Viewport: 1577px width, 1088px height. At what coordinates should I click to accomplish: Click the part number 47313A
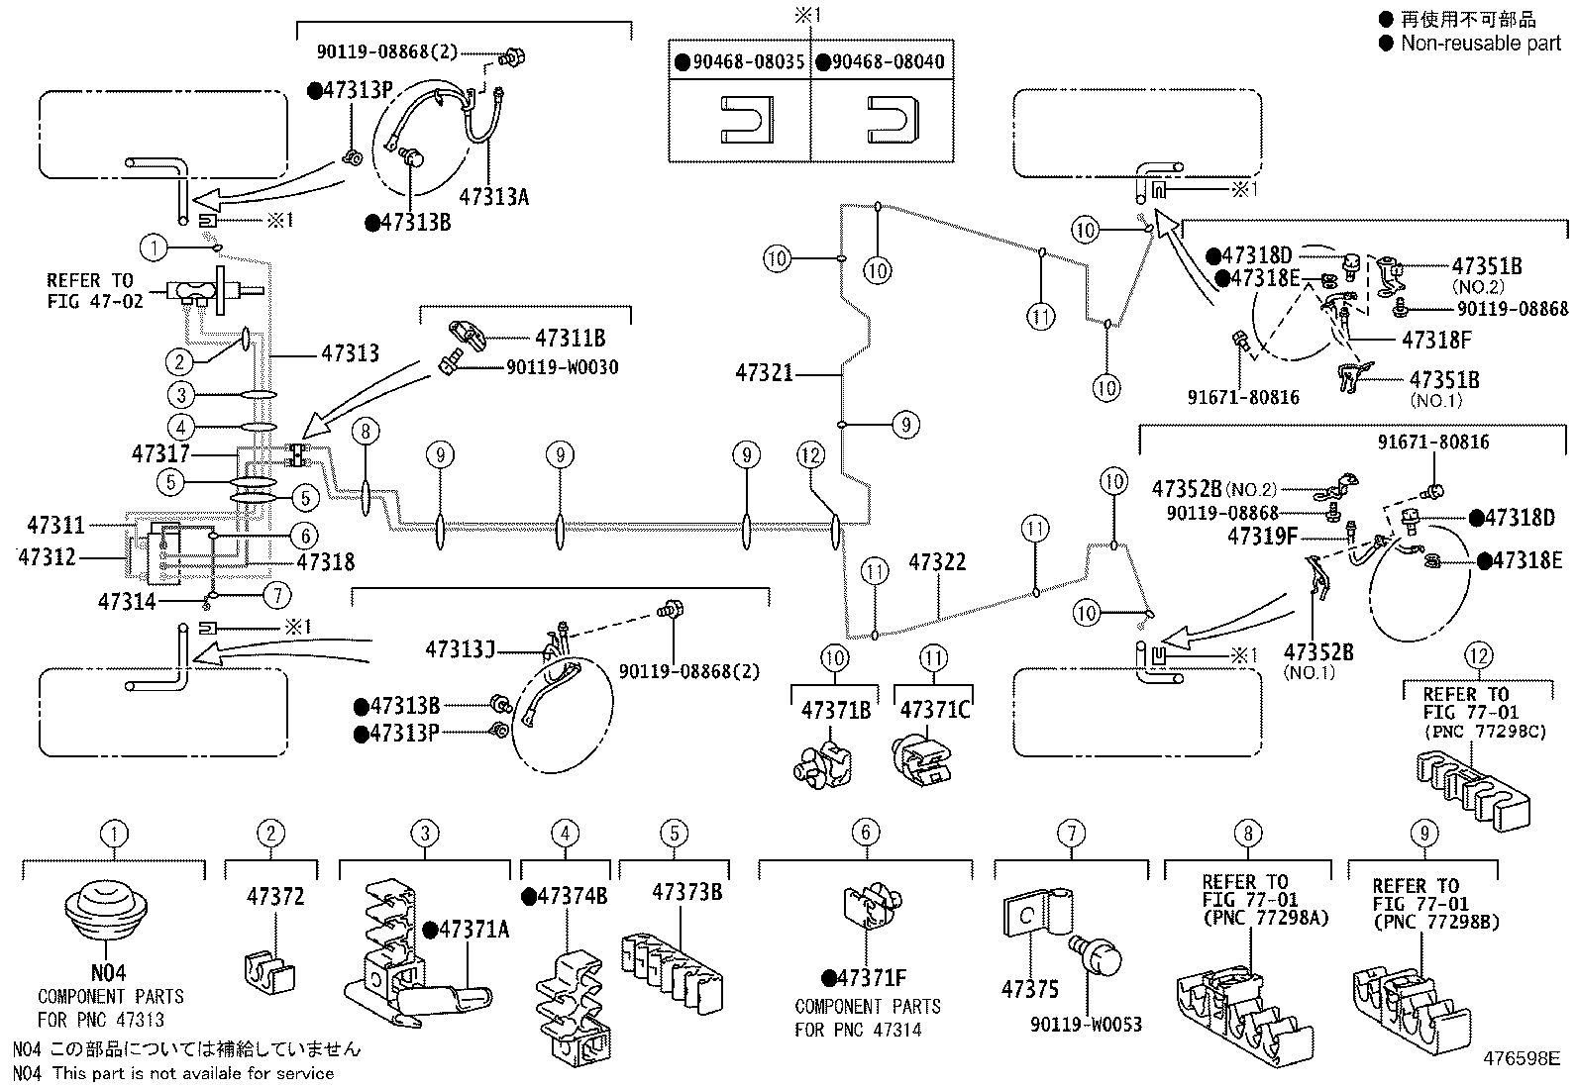[x=493, y=196]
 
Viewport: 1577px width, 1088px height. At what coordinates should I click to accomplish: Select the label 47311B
[x=571, y=339]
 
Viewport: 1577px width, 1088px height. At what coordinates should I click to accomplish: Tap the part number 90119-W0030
[x=563, y=367]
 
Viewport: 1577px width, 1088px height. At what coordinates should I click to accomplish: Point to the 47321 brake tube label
[x=764, y=372]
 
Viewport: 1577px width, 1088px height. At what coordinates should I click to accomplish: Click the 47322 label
[x=937, y=561]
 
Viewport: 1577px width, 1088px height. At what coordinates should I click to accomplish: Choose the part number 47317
[x=160, y=454]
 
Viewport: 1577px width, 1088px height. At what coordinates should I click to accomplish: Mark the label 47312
[x=47, y=557]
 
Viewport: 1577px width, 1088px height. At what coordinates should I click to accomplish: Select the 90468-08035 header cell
[x=739, y=61]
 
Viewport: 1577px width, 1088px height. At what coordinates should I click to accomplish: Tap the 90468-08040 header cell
[x=882, y=61]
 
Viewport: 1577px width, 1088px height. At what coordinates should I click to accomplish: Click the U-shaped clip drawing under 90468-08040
[x=893, y=120]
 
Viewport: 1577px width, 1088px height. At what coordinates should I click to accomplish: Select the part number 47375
[x=1030, y=989]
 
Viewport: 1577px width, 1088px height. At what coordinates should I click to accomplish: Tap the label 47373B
[x=687, y=892]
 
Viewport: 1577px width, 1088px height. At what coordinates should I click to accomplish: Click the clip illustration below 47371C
[x=922, y=761]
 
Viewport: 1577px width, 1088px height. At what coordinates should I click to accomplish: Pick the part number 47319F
[x=1262, y=537]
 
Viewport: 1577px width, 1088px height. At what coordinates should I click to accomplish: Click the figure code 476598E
[x=1522, y=1058]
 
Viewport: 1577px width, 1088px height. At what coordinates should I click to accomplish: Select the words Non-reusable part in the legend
[x=1481, y=43]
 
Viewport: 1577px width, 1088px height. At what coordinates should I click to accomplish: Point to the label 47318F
[x=1436, y=341]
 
